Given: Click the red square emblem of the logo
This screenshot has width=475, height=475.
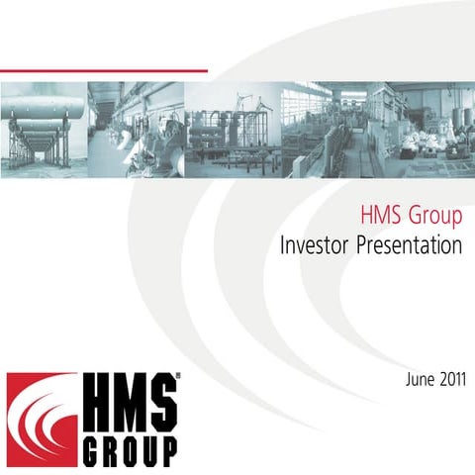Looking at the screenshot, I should pos(41,419).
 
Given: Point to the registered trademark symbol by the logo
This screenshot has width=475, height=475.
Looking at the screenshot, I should pos(177,377).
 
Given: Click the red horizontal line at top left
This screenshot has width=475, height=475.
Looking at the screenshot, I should pos(104,70).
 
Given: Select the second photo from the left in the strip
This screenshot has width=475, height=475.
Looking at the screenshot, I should pos(135,129).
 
